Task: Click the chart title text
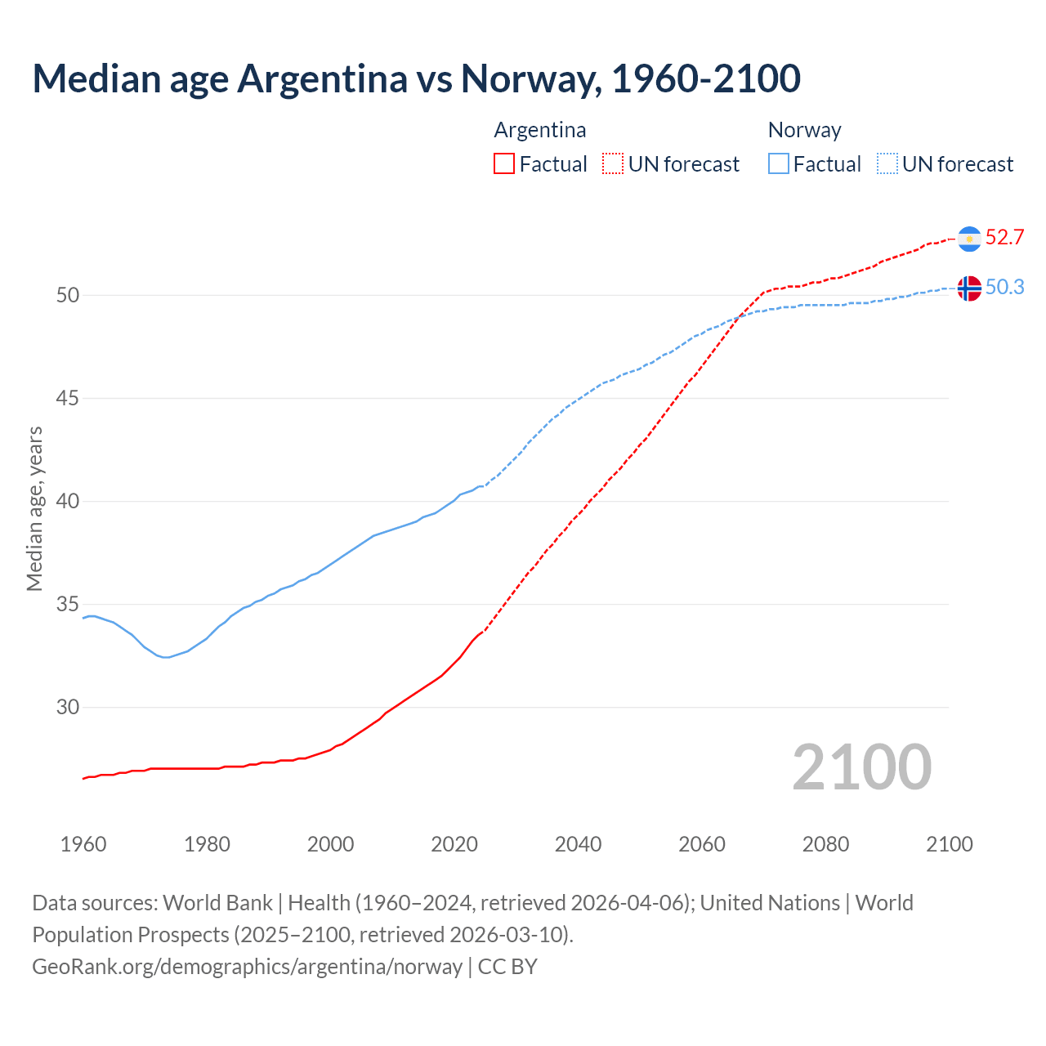point(416,78)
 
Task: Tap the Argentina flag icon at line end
point(969,239)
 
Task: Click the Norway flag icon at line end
point(969,288)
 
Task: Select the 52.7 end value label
point(1004,238)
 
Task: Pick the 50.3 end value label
point(1004,288)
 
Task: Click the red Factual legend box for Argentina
point(504,164)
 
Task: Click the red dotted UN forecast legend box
point(613,164)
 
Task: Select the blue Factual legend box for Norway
point(779,164)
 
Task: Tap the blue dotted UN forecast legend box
point(887,164)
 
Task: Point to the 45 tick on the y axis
point(68,399)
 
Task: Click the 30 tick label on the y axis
point(68,708)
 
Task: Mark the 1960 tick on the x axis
point(83,844)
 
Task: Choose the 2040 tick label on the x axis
point(578,844)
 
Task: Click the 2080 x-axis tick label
point(825,844)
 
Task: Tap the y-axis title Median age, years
point(34,508)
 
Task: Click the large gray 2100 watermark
point(861,767)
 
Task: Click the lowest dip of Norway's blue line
point(166,657)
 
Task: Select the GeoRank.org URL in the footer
point(247,967)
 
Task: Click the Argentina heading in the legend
point(539,130)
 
